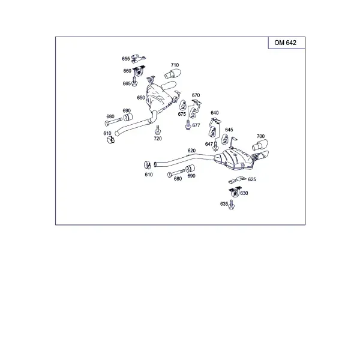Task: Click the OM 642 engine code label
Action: (x=285, y=43)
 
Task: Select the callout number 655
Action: (x=126, y=59)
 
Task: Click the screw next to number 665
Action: (x=134, y=82)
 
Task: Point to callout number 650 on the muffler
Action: (x=141, y=98)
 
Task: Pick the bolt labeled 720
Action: (x=157, y=130)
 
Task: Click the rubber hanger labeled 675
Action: (x=183, y=105)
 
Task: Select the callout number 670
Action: (x=196, y=95)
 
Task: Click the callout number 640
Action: (x=215, y=113)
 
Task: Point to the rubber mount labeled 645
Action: (x=224, y=140)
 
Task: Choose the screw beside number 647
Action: (x=215, y=146)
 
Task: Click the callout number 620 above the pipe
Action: (x=192, y=151)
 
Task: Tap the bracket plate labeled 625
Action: (x=237, y=180)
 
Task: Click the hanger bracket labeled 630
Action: (x=235, y=192)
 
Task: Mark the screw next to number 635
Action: (x=232, y=205)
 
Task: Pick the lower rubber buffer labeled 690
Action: (x=190, y=169)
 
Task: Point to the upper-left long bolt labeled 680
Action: (x=113, y=122)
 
